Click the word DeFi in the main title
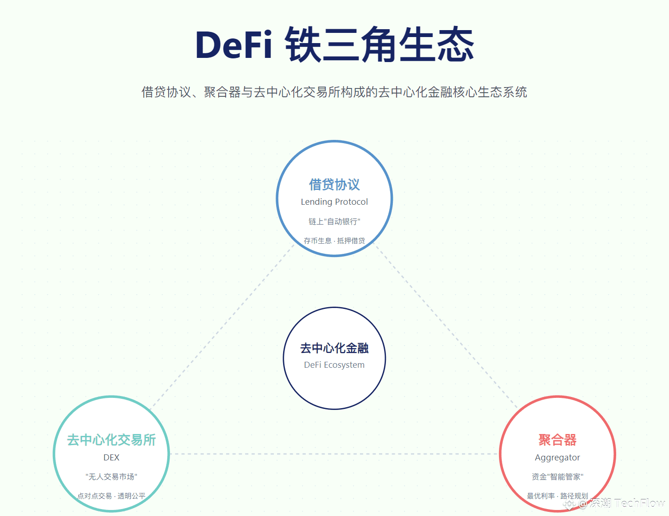coord(234,44)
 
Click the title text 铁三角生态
coord(379,44)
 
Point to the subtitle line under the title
coord(334,92)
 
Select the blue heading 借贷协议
coord(334,184)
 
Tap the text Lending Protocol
coord(334,202)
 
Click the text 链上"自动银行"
coord(334,221)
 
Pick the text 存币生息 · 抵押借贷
coord(334,240)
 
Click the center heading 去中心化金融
coord(334,348)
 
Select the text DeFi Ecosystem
coord(334,365)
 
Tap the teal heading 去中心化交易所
coord(112,440)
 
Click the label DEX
coord(112,458)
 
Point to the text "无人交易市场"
coord(112,477)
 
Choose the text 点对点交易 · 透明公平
coord(112,496)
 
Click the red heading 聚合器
coord(557,440)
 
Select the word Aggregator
coord(557,458)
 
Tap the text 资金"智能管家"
coord(557,477)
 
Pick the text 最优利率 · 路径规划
coord(557,496)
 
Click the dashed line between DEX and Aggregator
coord(334,454)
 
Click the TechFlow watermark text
coord(639,503)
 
